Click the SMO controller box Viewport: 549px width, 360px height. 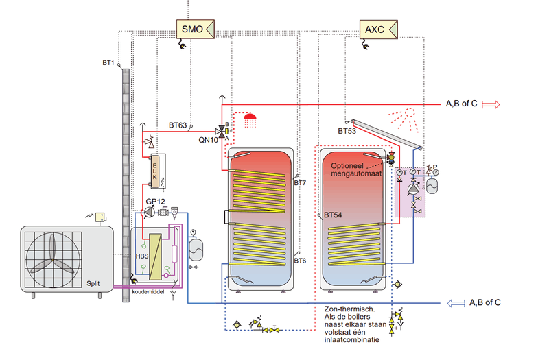coord(192,29)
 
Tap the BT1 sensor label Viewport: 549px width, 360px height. coord(108,63)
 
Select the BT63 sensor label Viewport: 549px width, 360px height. coord(178,125)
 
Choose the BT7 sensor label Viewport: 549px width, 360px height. coord(300,183)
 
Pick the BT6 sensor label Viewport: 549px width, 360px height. coord(300,261)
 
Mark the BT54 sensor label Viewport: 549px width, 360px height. coord(333,215)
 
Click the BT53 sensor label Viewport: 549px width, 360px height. coord(347,130)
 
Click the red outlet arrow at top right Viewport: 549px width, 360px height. coord(491,104)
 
